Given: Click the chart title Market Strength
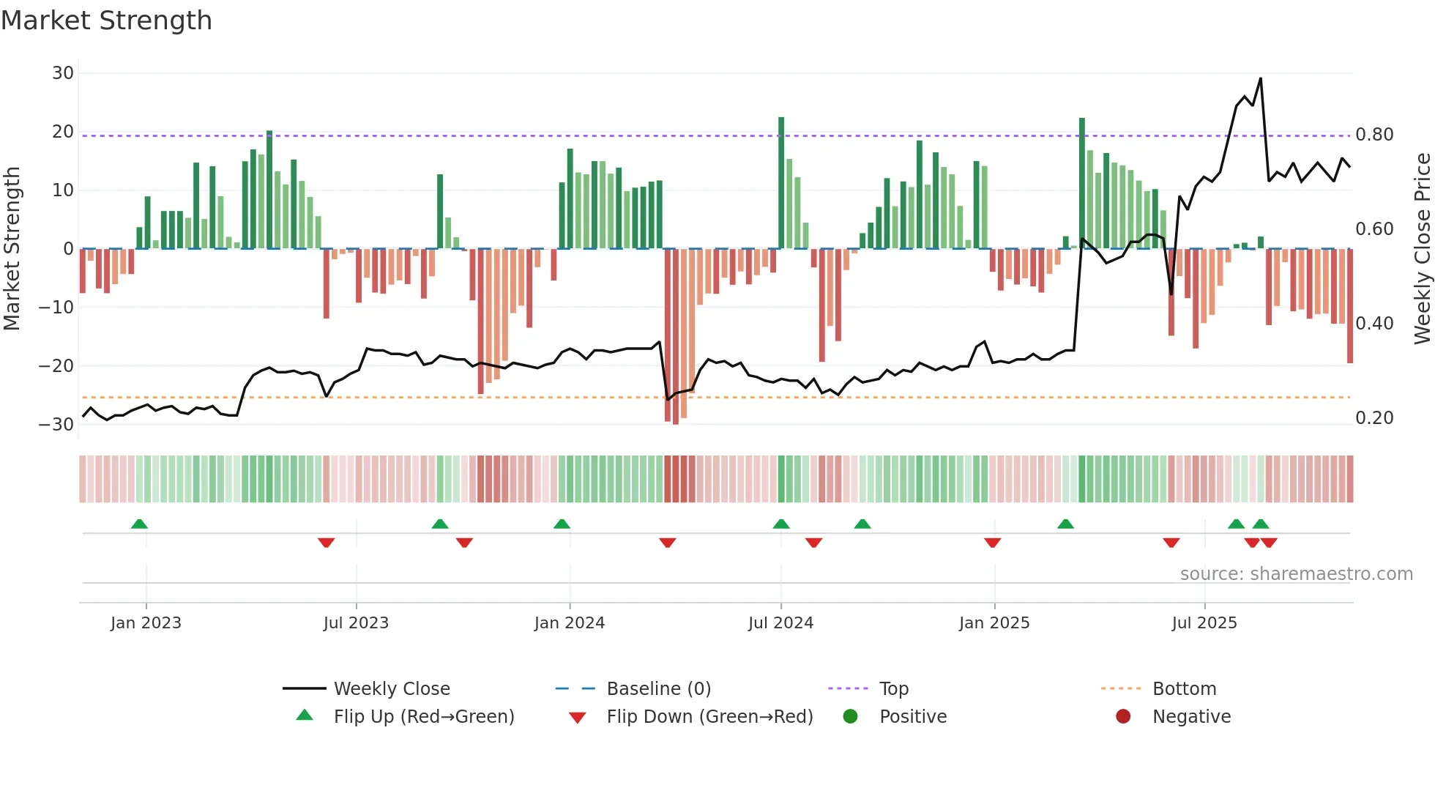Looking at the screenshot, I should [106, 21].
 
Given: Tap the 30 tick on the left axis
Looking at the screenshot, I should [62, 73].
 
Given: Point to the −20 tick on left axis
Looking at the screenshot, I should [56, 365].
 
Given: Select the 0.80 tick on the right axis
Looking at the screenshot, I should [1374, 135].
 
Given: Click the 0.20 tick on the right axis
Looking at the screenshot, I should [1374, 418].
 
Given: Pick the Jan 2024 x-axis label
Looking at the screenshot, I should [569, 623].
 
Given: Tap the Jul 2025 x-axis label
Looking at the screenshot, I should [1204, 623].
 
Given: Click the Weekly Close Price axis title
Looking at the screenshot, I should [1422, 248].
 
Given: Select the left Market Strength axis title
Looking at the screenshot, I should [12, 248].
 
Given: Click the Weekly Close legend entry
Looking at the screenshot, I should [391, 689].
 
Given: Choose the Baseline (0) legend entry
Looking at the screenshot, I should [658, 689].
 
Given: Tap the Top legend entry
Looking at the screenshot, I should [893, 689].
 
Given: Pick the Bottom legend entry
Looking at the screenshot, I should [1184, 689].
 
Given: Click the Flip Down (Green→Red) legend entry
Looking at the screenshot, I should [709, 717].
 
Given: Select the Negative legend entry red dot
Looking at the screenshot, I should [1122, 717].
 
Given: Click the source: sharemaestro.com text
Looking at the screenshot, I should [1296, 574].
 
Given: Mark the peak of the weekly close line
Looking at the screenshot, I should [1260, 78].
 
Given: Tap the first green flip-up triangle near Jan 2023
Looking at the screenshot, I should [139, 524].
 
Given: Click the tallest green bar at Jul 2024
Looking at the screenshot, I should [781, 183].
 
